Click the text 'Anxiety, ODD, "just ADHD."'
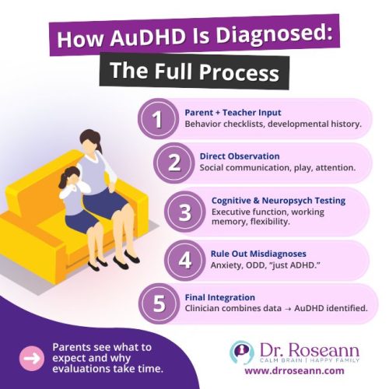point(255,265)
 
